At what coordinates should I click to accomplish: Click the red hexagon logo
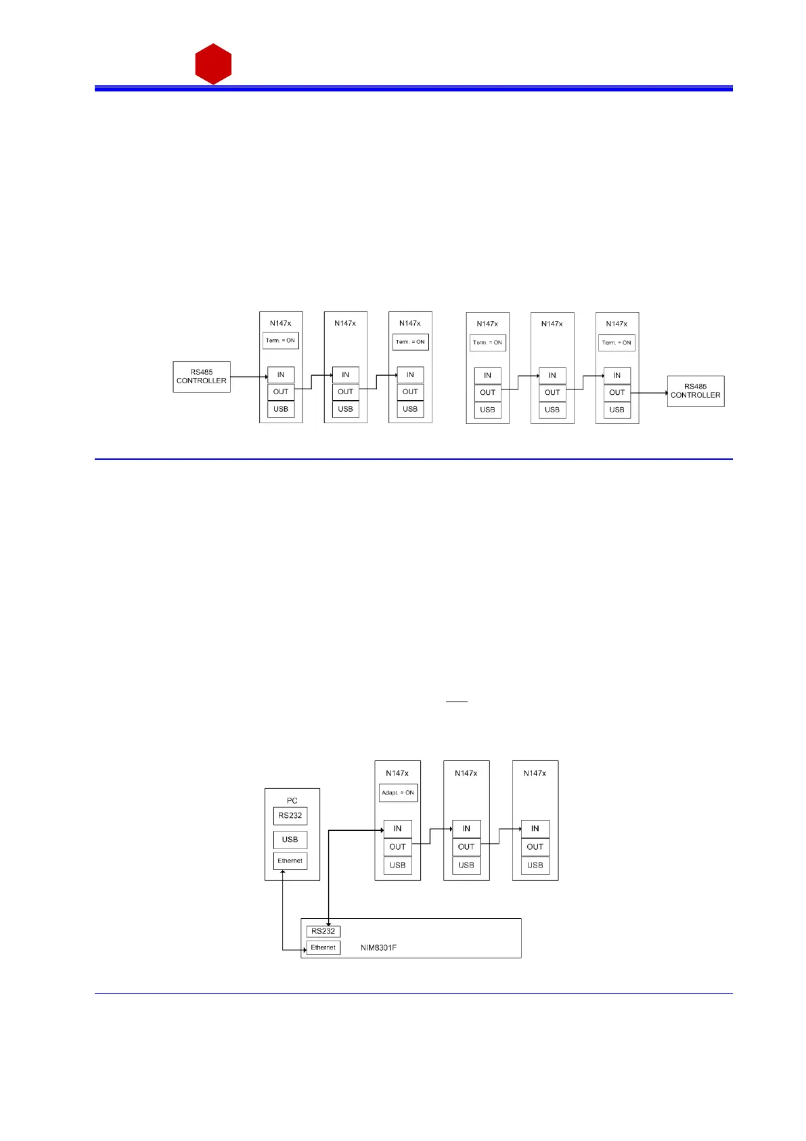(x=213, y=64)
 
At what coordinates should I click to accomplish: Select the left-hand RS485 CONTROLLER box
(x=202, y=376)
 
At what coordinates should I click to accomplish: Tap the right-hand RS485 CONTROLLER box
(x=696, y=391)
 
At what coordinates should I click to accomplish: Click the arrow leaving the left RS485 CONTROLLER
(x=248, y=376)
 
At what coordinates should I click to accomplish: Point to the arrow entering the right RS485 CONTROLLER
(x=650, y=393)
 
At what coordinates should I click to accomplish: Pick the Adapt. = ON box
(x=398, y=792)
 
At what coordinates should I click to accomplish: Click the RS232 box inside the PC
(x=290, y=815)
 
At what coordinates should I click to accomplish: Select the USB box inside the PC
(x=290, y=840)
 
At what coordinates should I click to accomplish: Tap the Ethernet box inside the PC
(x=290, y=861)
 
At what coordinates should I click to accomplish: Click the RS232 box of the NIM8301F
(x=323, y=931)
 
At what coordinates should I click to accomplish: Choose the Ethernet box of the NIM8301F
(x=323, y=947)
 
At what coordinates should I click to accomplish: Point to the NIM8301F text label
(x=378, y=947)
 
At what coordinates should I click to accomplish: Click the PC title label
(x=292, y=800)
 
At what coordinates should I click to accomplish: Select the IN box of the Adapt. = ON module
(x=397, y=828)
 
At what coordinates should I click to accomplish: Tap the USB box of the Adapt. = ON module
(x=397, y=865)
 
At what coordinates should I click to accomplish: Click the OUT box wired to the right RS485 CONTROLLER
(x=617, y=392)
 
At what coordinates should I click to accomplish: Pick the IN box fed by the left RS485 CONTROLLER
(x=281, y=374)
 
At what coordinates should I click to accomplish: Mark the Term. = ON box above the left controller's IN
(x=280, y=341)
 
